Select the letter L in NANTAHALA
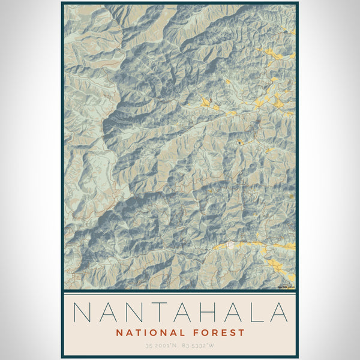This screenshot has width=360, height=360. (254, 313)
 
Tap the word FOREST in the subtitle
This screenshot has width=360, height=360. (219, 332)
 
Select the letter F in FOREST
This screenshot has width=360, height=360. (196, 332)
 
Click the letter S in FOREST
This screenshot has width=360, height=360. (233, 332)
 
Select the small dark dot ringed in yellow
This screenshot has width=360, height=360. (239, 143)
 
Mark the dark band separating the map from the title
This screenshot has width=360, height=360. (180, 292)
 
